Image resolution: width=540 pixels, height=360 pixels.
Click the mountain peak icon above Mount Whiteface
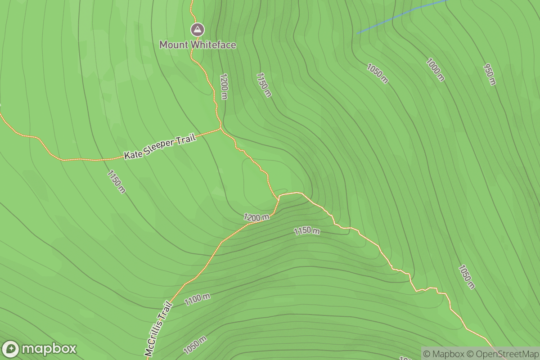(x=197, y=30)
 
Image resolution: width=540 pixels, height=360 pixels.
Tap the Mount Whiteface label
(x=198, y=45)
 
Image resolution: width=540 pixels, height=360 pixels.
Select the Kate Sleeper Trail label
(x=160, y=147)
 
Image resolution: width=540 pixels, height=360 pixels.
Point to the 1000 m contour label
(x=435, y=70)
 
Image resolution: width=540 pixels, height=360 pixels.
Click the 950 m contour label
(x=490, y=74)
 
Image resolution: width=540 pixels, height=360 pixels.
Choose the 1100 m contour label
(x=197, y=299)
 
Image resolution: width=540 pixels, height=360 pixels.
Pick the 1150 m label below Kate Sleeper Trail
(x=116, y=182)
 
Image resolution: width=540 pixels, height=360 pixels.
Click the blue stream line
(x=400, y=17)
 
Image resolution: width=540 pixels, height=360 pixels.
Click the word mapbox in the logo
(x=49, y=349)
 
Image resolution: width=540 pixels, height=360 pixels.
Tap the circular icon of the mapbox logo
(x=11, y=349)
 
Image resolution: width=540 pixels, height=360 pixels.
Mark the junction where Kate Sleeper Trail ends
(x=220, y=129)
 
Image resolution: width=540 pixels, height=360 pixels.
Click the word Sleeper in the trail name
(x=170, y=144)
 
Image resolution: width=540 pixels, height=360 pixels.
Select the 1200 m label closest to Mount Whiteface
(x=224, y=86)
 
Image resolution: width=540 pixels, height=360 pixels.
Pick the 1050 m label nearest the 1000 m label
(x=377, y=73)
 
